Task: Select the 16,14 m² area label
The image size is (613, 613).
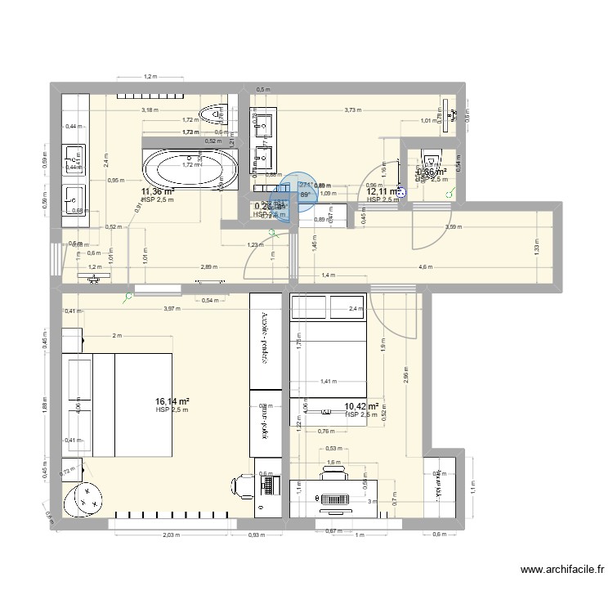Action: (172, 401)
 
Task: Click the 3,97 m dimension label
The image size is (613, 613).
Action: (171, 308)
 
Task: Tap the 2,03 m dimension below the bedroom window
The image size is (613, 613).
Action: (169, 535)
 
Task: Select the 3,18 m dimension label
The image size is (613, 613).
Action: (150, 109)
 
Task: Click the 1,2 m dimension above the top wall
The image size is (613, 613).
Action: (150, 77)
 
